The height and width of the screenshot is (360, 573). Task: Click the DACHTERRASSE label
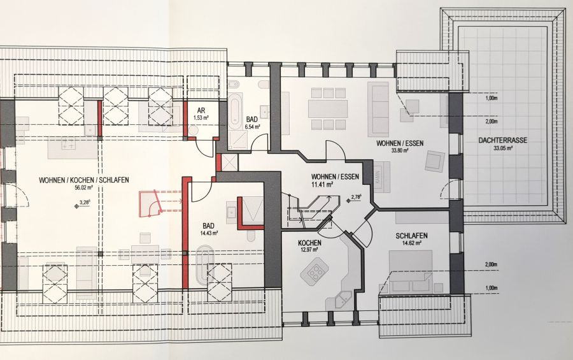click(502, 141)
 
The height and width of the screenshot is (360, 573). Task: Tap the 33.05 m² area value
click(502, 150)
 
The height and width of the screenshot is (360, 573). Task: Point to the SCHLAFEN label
click(411, 236)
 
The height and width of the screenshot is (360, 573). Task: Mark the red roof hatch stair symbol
click(150, 202)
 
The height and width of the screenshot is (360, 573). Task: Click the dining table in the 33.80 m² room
click(328, 108)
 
